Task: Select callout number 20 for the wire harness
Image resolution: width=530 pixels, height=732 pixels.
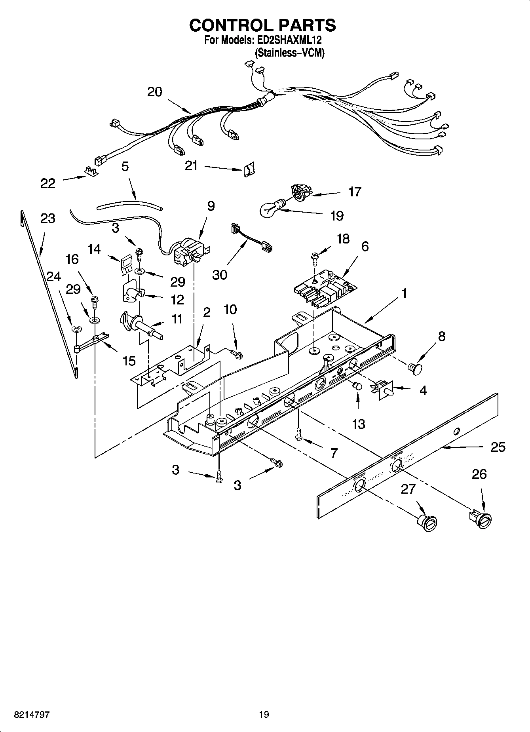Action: point(154,92)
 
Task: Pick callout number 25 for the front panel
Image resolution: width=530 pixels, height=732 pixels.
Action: point(498,447)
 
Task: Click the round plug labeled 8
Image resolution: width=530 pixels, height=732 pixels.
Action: point(415,368)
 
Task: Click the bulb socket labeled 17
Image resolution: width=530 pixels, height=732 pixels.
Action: point(300,191)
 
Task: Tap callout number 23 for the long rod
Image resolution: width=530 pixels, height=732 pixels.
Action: point(47,218)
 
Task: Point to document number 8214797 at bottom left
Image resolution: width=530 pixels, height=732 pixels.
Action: point(31,714)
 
